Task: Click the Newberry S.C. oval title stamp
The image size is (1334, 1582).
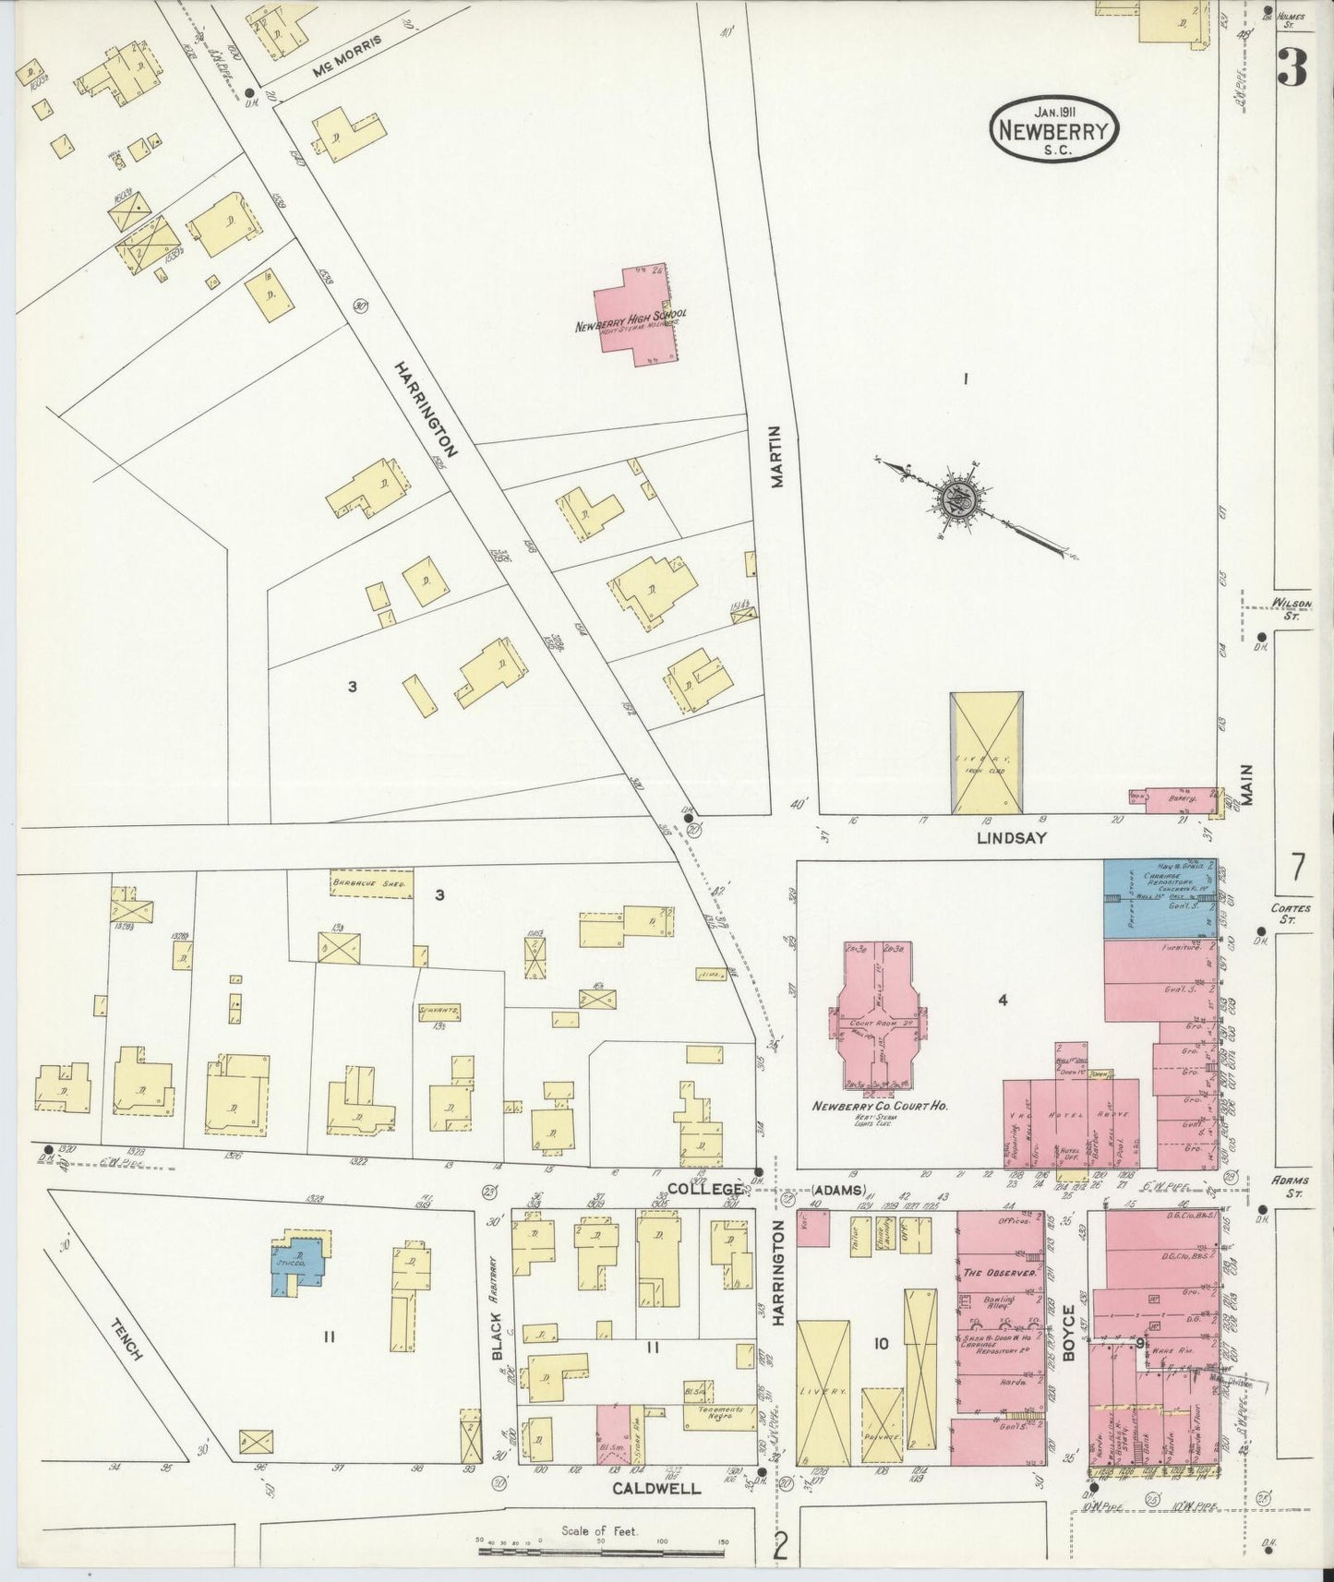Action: click(x=1054, y=130)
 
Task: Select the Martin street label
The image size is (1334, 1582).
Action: click(x=776, y=456)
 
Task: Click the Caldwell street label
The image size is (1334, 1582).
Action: click(x=657, y=1489)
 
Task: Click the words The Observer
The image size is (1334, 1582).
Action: click(x=997, y=1274)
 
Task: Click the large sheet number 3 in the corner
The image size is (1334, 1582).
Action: click(x=1292, y=67)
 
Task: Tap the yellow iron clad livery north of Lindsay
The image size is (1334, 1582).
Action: click(x=986, y=752)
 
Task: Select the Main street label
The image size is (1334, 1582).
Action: click(x=1247, y=785)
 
